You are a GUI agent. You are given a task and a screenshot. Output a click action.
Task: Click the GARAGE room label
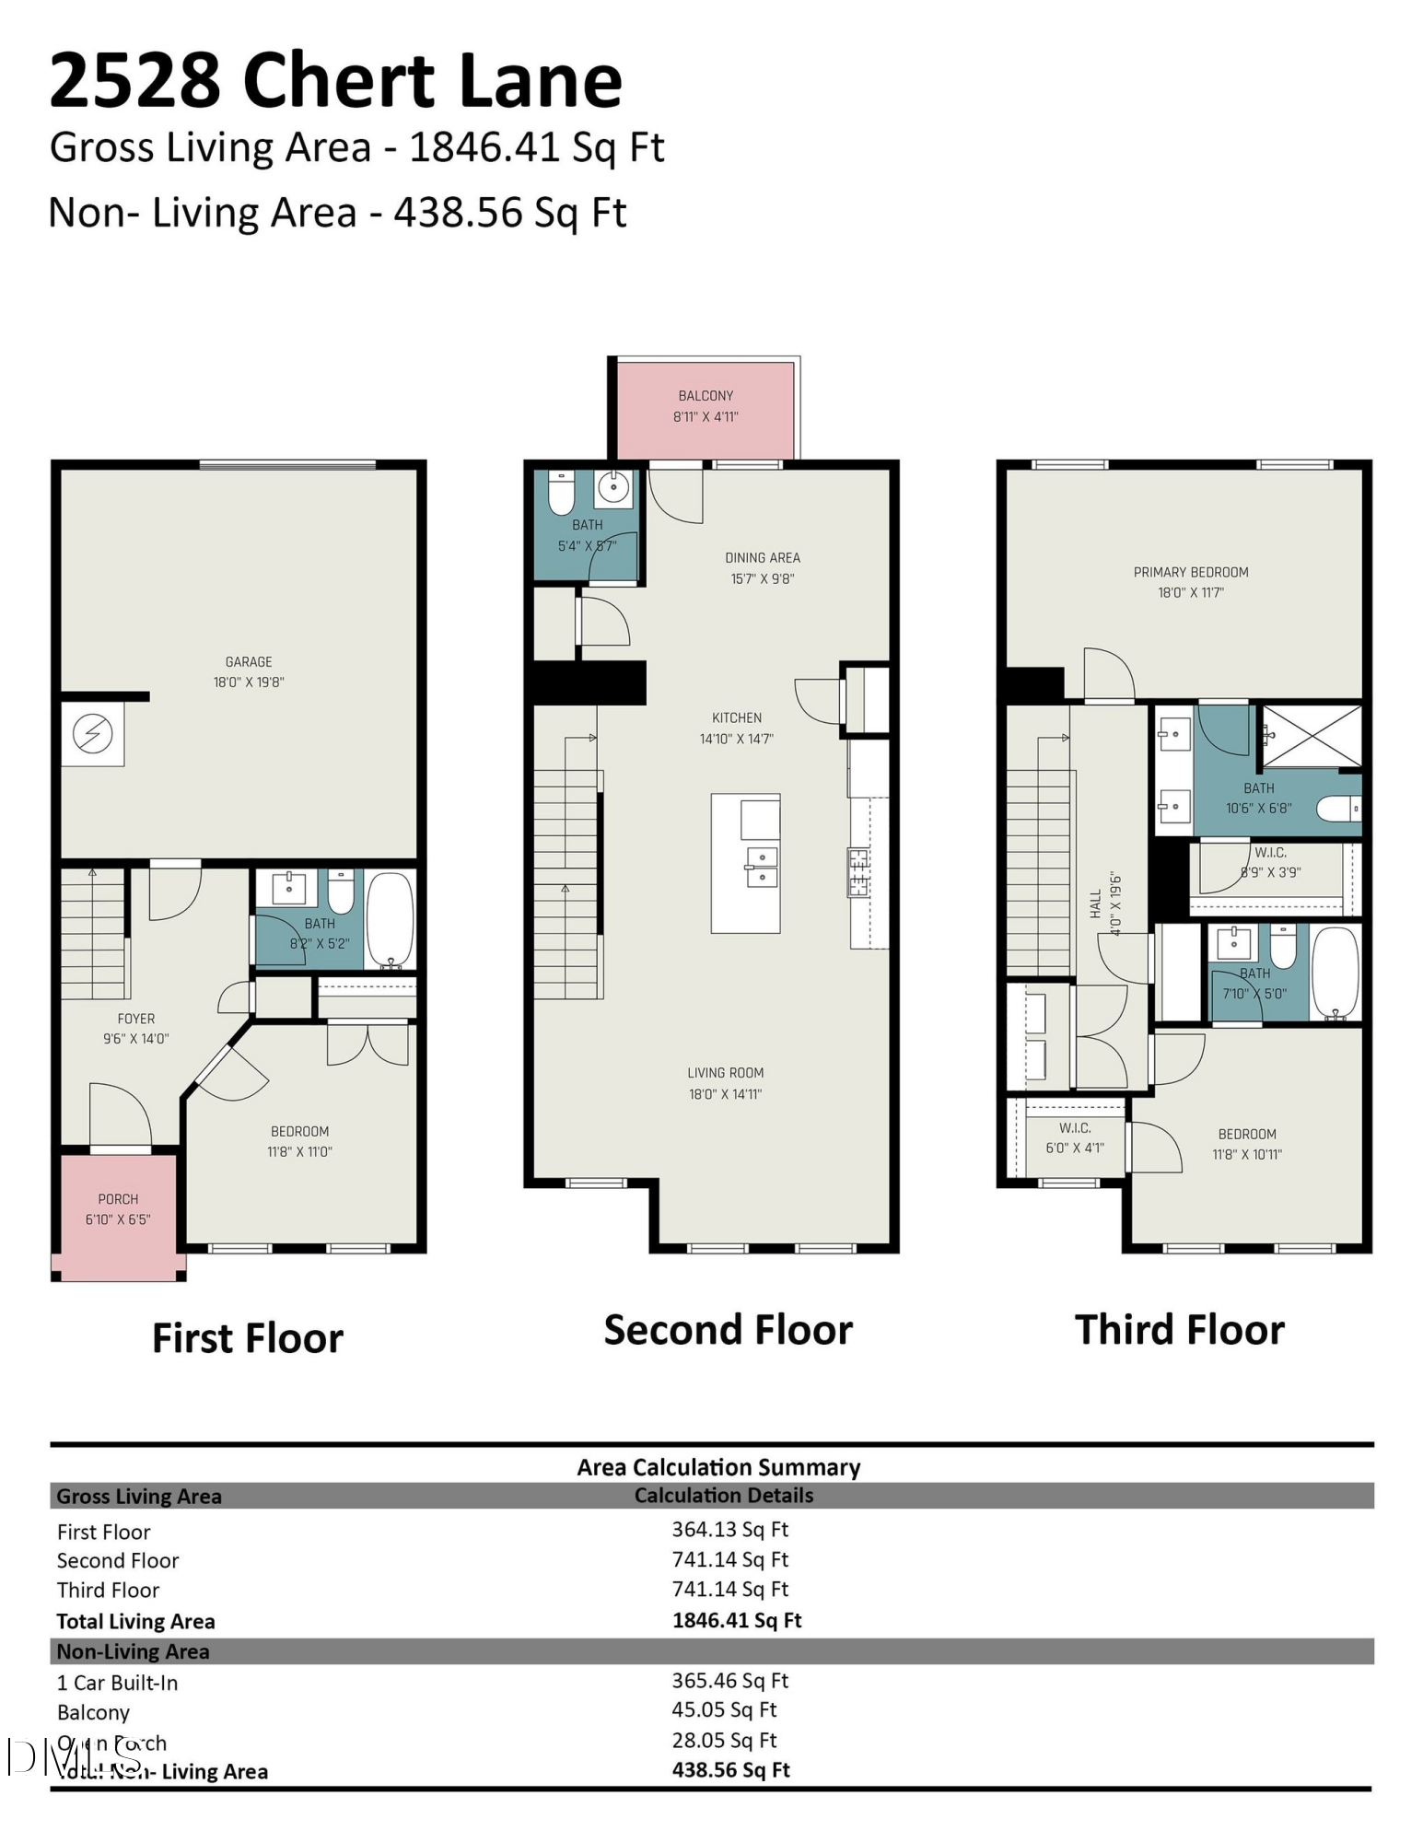coord(249,661)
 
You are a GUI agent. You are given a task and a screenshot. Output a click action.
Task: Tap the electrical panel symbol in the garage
coord(93,734)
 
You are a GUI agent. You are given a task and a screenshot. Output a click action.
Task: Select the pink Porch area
coord(118,1209)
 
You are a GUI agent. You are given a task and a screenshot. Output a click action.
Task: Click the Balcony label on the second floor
coord(706,395)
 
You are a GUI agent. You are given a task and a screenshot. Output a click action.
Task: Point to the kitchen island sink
coord(762,867)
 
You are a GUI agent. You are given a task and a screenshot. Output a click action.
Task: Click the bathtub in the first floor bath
coord(391,918)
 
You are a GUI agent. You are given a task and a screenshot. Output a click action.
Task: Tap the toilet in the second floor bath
coord(561,493)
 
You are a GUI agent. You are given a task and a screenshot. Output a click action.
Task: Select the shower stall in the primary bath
coord(1311,735)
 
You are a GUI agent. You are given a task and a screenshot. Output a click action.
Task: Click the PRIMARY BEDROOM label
coord(1191,572)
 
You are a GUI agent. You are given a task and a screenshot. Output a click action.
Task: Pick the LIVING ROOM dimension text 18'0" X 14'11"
coord(725,1094)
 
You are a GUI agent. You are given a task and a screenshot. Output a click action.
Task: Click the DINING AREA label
coord(762,557)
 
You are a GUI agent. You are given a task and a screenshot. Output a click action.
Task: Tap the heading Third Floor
coord(1179,1330)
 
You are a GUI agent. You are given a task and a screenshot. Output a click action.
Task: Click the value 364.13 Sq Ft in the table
coord(729,1529)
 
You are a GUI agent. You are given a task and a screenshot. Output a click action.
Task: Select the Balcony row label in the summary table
coord(93,1712)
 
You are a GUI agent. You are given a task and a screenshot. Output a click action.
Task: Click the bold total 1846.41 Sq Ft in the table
coord(737,1620)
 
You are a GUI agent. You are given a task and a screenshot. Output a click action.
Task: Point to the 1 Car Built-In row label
coord(117,1683)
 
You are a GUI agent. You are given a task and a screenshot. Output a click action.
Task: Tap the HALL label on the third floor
coord(1095,903)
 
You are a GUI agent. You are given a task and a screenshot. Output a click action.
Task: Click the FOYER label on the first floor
coord(136,1019)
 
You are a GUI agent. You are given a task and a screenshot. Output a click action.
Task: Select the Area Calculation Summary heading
coord(718,1467)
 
